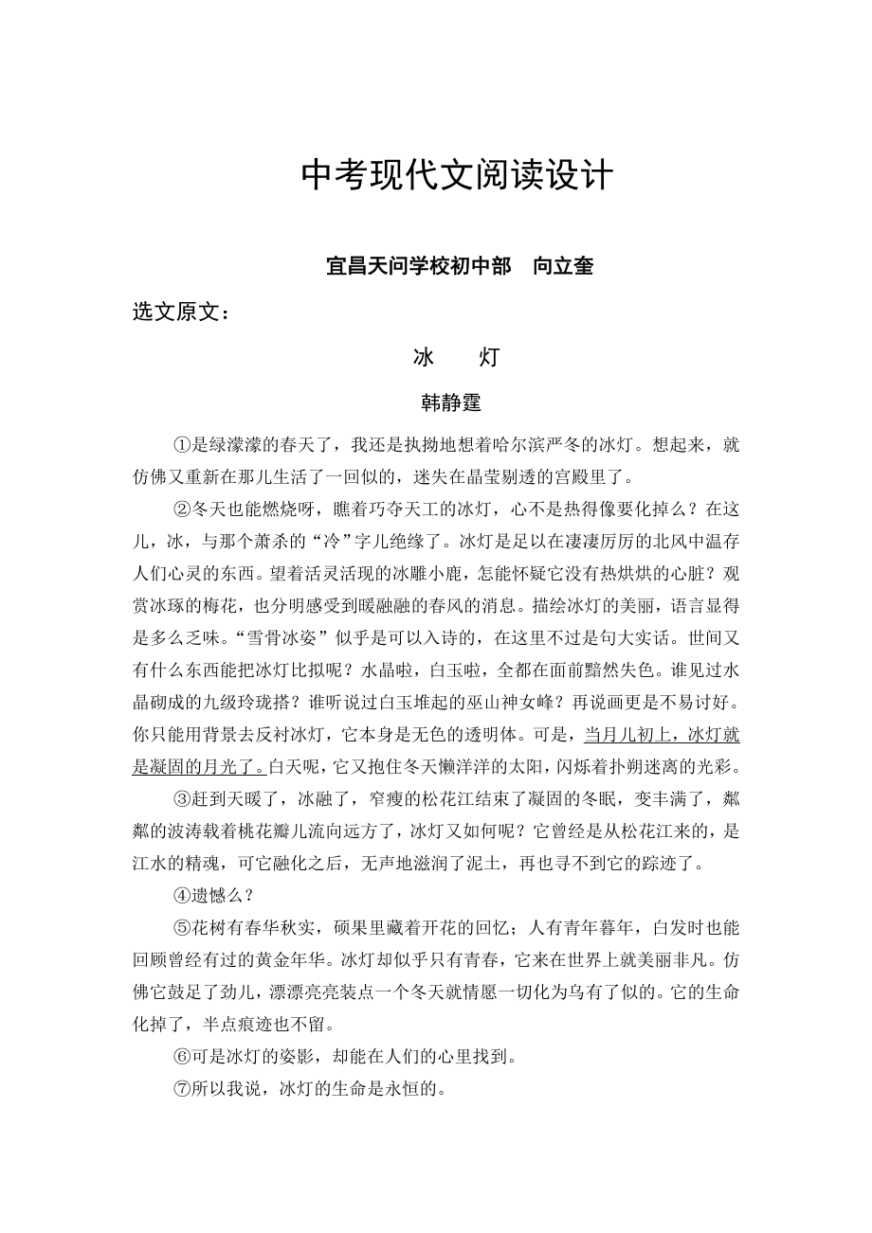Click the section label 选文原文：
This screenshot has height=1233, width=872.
point(180,312)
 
